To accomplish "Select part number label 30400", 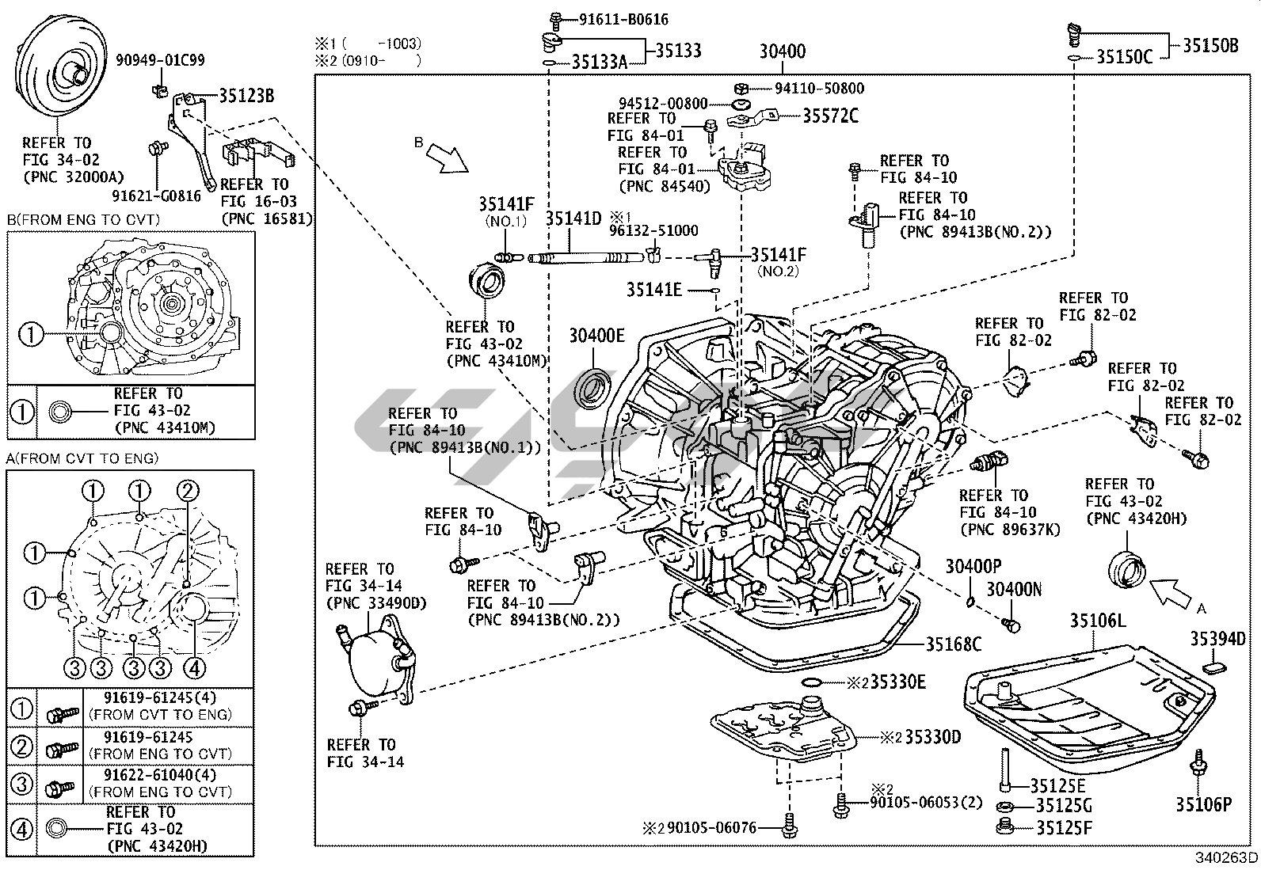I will (x=782, y=51).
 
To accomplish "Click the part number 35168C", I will (x=954, y=644).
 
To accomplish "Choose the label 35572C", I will (x=830, y=116).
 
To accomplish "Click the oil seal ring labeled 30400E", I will (x=594, y=386).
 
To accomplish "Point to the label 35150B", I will (x=1211, y=46).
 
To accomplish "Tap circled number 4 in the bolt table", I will (x=21, y=829).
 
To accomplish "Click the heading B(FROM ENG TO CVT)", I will (x=83, y=219).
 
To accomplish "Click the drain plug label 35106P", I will (x=1203, y=805).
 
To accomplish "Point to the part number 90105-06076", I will (x=711, y=829).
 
